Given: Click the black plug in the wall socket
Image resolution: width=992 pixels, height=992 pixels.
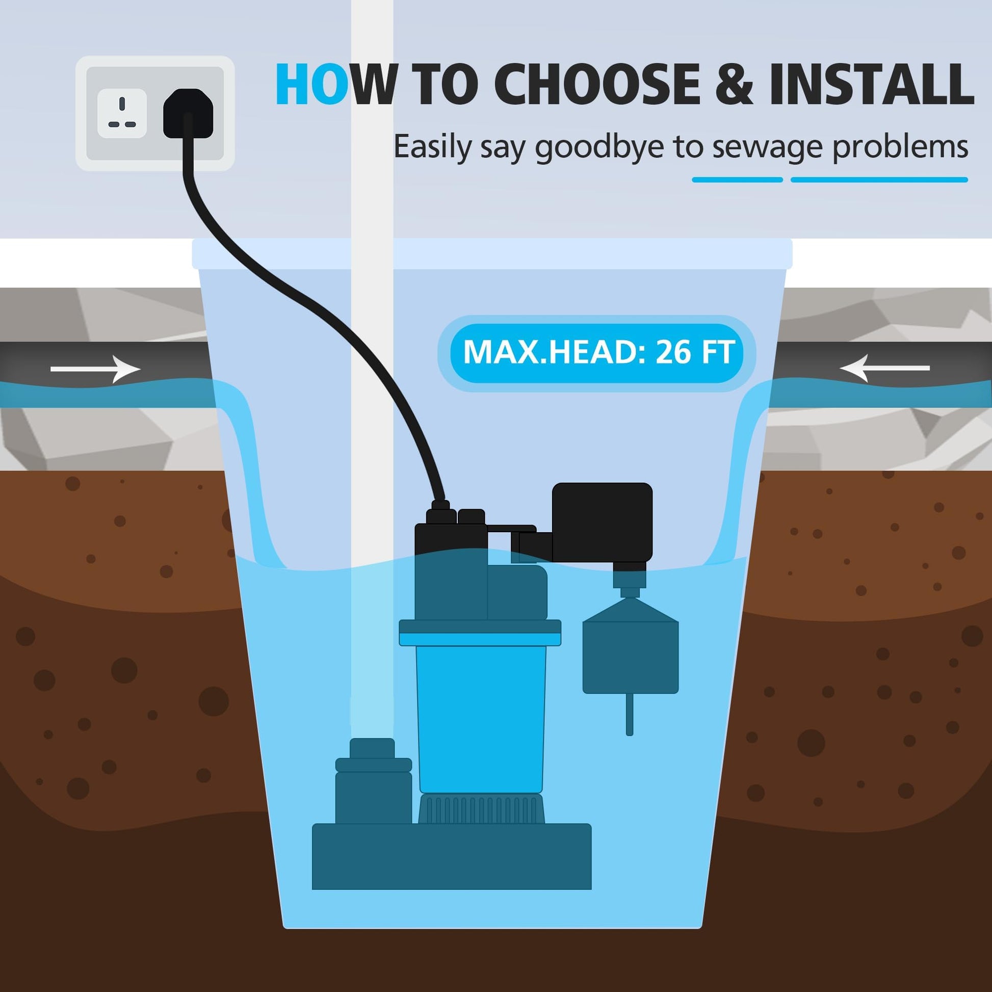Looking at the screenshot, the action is point(188,114).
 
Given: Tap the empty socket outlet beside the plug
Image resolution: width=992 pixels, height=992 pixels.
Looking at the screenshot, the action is point(122,113).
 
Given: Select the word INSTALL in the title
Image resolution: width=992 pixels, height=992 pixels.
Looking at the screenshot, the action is point(871,84).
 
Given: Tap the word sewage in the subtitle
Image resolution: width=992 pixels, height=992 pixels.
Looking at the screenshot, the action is point(763,149).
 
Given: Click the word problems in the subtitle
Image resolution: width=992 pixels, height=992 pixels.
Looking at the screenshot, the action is point(900,148).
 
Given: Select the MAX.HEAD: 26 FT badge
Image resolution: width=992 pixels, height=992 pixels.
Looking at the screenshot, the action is point(596,353).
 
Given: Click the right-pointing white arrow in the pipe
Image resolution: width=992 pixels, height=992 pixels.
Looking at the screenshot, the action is point(95,369).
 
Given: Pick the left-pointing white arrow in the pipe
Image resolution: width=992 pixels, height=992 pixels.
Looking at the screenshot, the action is point(883,368).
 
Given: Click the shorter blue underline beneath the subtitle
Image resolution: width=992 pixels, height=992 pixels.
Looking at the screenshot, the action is point(737,180).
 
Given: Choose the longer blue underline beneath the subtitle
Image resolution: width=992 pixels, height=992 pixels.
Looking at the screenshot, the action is point(879,180).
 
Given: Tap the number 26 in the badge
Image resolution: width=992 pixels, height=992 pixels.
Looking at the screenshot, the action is point(672,353).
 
